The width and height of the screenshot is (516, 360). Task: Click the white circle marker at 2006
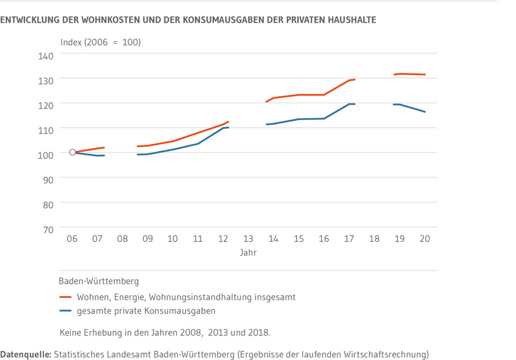pyautogui.click(x=72, y=152)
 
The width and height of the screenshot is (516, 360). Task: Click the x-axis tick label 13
pyautogui.click(x=248, y=239)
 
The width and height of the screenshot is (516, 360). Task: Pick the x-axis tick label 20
pyautogui.click(x=424, y=239)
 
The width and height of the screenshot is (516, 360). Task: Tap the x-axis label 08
pyautogui.click(x=123, y=239)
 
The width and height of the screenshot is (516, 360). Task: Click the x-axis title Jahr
pyautogui.click(x=248, y=253)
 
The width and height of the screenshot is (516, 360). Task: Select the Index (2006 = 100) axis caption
pyautogui.click(x=100, y=43)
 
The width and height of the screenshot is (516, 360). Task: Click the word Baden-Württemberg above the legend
pyautogui.click(x=99, y=281)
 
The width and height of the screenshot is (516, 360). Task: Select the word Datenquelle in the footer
pyautogui.click(x=25, y=354)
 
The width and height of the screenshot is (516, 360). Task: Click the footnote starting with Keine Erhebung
pyautogui.click(x=164, y=333)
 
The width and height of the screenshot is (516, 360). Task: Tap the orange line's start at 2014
pyautogui.click(x=266, y=102)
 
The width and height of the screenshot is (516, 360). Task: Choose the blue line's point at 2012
pyautogui.click(x=224, y=128)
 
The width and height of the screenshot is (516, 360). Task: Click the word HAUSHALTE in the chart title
pyautogui.click(x=350, y=20)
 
